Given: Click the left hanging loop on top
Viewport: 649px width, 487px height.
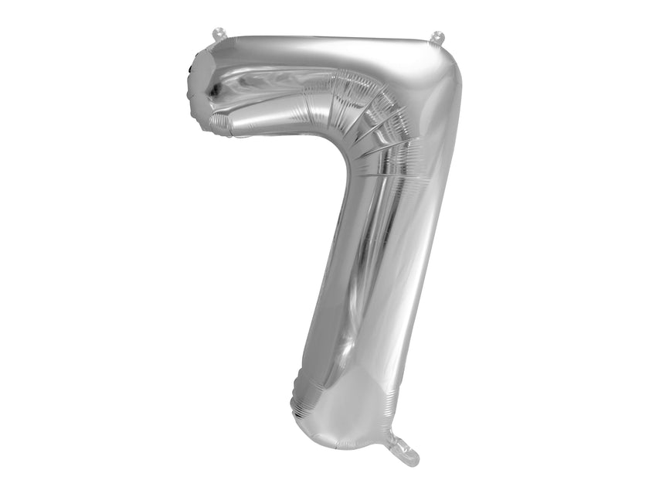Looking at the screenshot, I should coord(219,34).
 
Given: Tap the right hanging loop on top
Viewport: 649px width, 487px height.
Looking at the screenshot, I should coord(438,37).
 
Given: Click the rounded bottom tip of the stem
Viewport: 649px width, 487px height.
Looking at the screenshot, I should coord(340,441).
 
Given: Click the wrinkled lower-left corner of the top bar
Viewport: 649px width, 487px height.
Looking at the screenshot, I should coord(220,124).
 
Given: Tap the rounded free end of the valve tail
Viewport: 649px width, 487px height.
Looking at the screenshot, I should coord(413,459).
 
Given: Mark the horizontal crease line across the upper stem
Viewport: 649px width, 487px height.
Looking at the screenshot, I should coord(394,177).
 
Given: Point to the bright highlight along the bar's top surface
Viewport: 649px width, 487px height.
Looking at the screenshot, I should coord(324,50).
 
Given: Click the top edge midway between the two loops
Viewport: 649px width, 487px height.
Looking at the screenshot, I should coord(328,36).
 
